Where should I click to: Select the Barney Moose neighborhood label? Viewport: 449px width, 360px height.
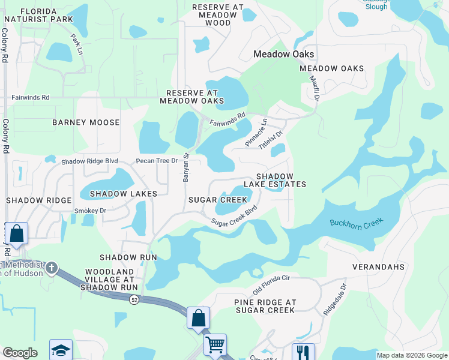(x=86, y=122)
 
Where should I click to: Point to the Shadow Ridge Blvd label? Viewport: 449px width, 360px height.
(x=89, y=161)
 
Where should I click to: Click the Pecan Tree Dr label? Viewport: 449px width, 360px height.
(x=157, y=161)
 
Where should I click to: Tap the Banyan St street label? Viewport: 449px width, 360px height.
(x=185, y=167)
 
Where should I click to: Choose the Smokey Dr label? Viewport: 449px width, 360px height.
(x=90, y=211)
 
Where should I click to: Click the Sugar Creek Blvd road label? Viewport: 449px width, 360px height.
(x=234, y=217)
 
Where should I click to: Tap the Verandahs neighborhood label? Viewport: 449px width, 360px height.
(x=378, y=266)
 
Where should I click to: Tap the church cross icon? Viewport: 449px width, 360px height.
(x=52, y=267)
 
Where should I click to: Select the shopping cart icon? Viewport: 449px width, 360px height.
(x=215, y=344)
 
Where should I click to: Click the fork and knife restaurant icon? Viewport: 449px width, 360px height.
(x=303, y=352)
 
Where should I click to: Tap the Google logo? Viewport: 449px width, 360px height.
(x=20, y=353)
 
